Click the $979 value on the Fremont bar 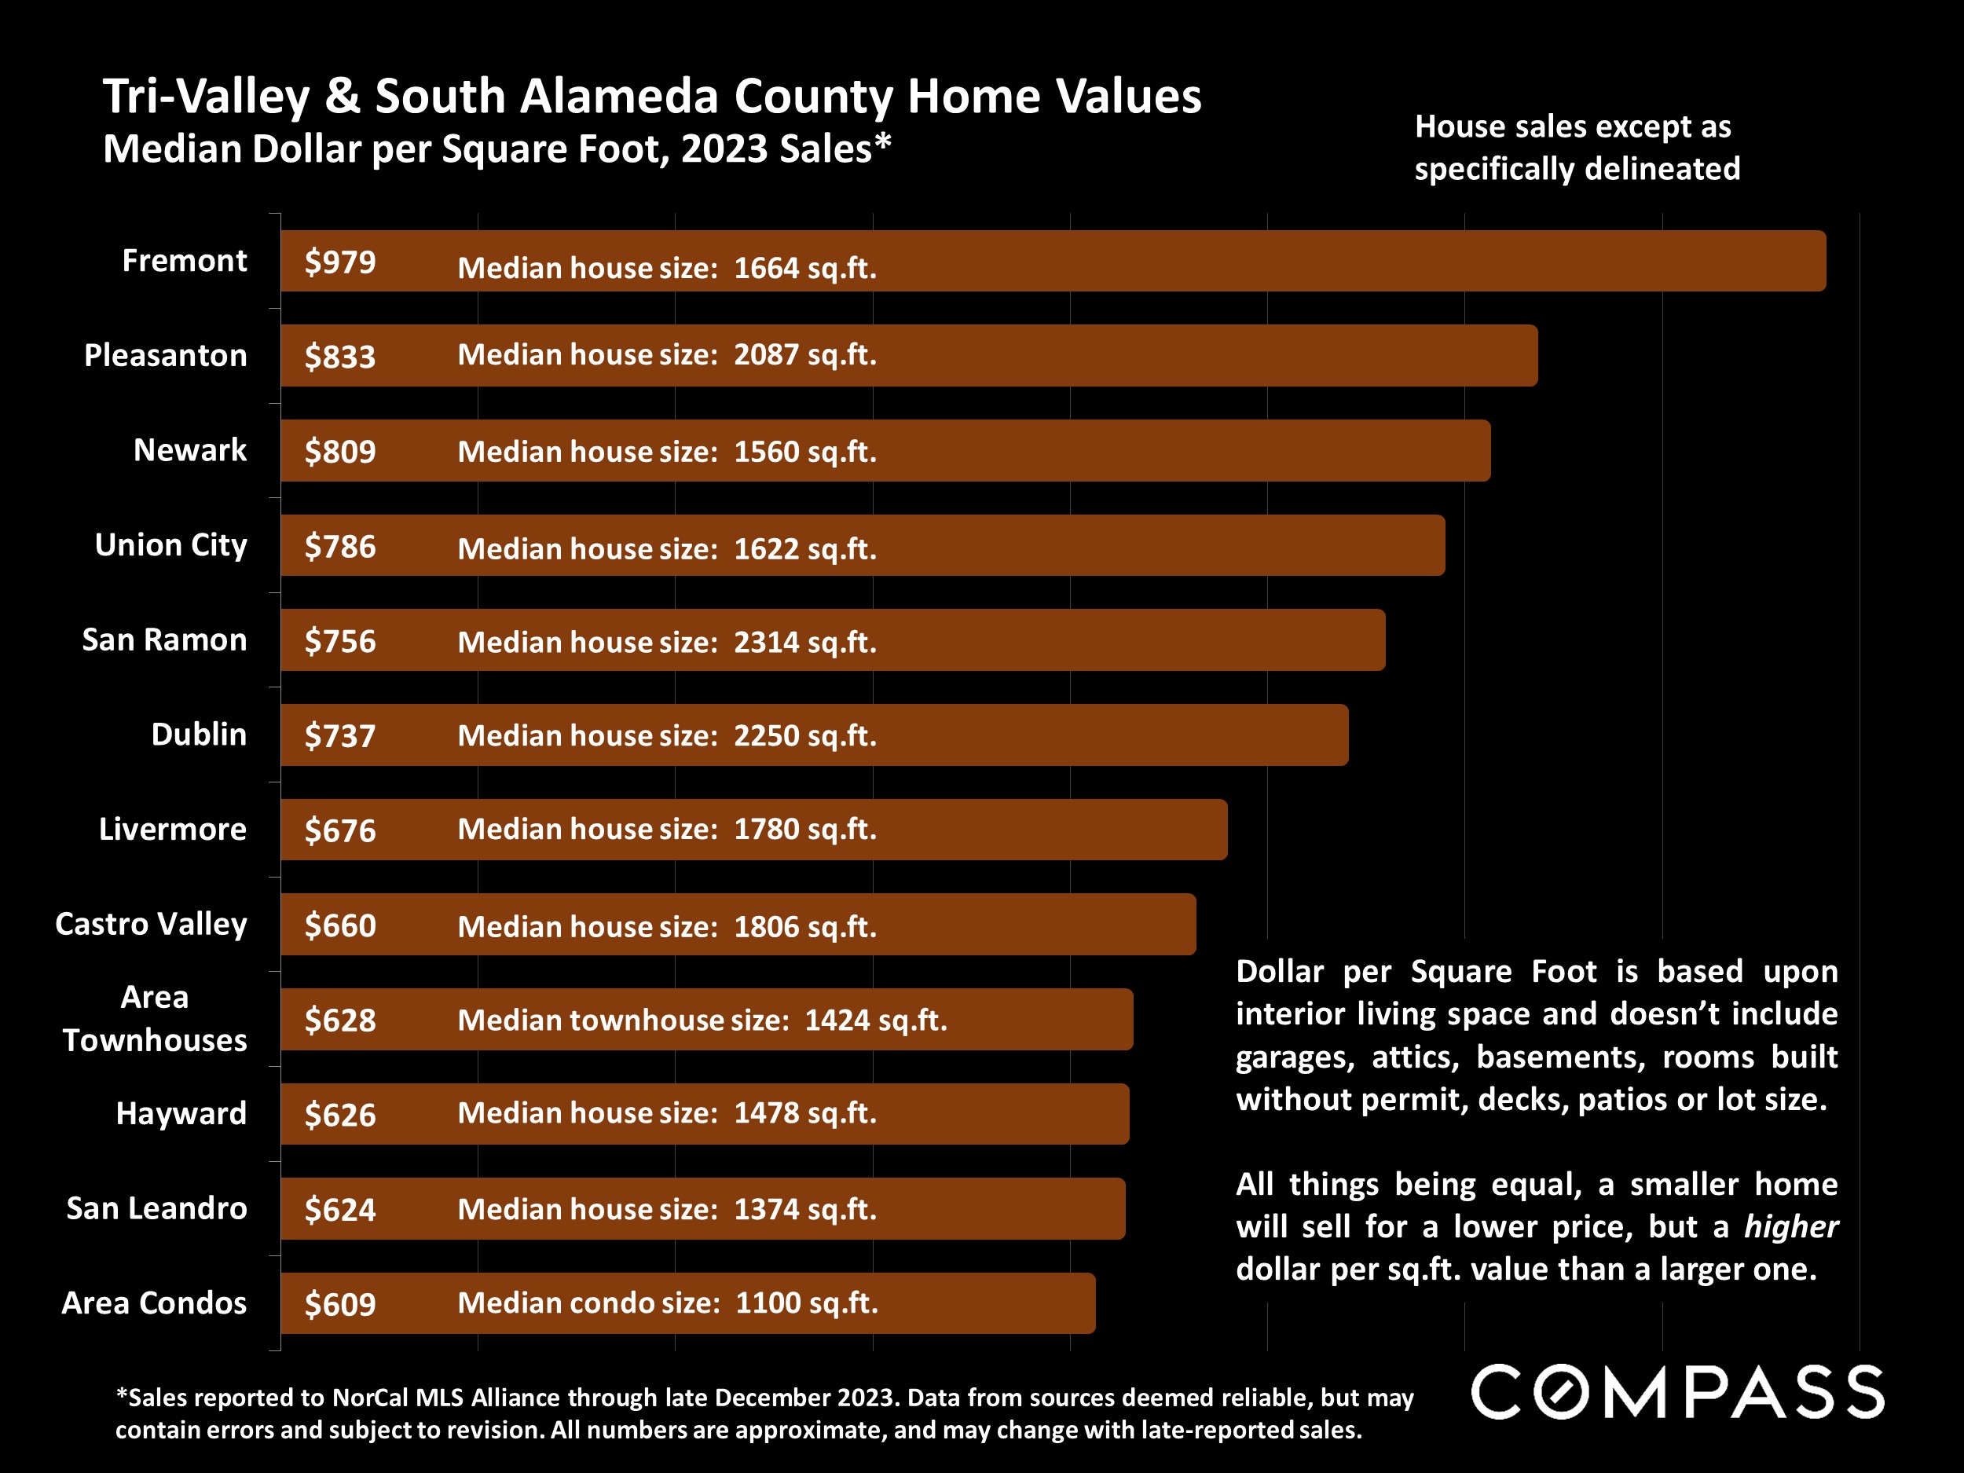(340, 262)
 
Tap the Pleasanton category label (165, 355)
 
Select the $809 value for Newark (340, 451)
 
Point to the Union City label (170, 544)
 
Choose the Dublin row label (198, 735)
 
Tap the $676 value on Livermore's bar (340, 830)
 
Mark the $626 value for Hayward (340, 1114)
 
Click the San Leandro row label (156, 1207)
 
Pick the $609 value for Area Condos (340, 1303)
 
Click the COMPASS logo (1677, 1391)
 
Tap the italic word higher (1790, 1226)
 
